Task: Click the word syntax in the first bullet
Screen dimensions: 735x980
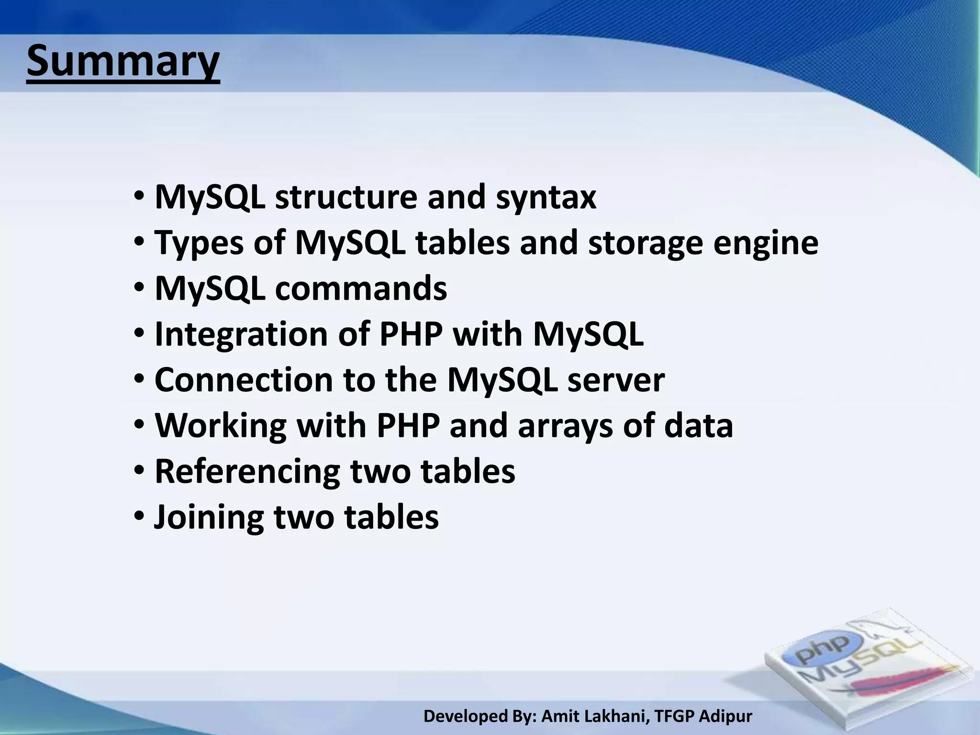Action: pyautogui.click(x=546, y=197)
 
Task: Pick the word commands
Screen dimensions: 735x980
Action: pyautogui.click(x=361, y=289)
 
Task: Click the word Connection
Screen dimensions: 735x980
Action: pyautogui.click(x=244, y=380)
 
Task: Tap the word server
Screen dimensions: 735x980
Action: pyautogui.click(x=616, y=380)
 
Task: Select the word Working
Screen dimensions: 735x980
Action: pyautogui.click(x=221, y=425)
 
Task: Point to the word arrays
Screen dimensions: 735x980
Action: pyautogui.click(x=565, y=425)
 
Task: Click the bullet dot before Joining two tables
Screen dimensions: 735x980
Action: pyautogui.click(x=139, y=517)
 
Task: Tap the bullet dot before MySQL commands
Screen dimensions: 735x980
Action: pyautogui.click(x=139, y=289)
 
